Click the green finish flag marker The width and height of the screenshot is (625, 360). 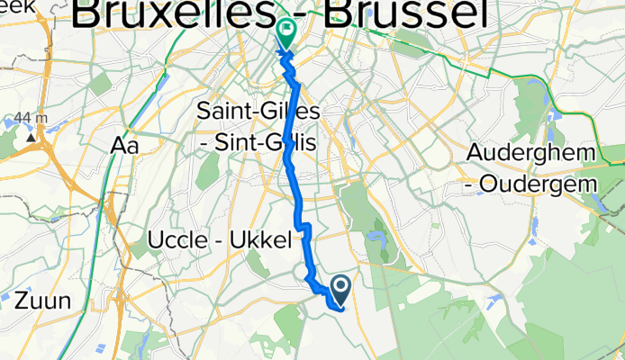(285, 34)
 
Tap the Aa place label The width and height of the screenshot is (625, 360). (123, 145)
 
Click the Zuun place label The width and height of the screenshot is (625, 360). (41, 301)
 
